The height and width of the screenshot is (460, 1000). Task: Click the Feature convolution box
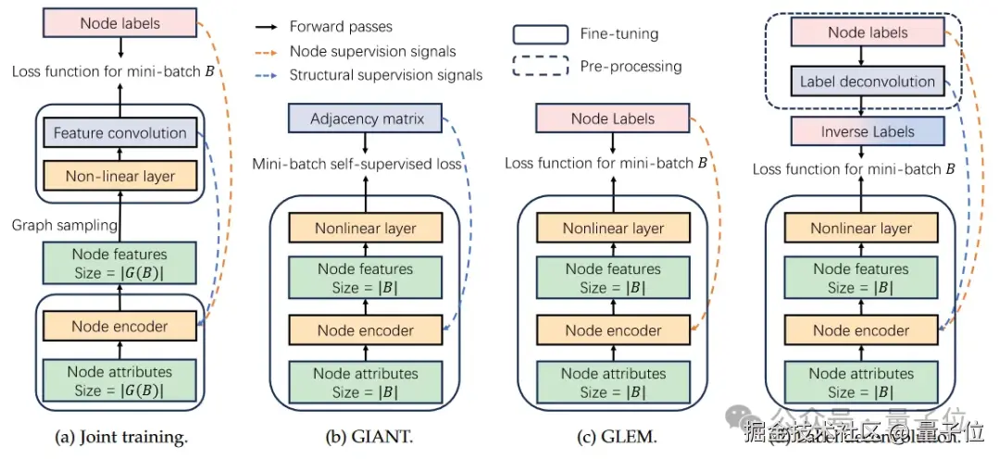119,133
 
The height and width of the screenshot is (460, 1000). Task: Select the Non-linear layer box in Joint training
119,175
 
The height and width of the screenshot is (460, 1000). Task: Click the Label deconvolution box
868,81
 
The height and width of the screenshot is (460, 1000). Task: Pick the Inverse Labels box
868,132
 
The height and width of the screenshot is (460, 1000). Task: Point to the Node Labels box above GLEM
613,118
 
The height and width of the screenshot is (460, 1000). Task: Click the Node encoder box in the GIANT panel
366,330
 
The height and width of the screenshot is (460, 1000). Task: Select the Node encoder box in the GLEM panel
613,330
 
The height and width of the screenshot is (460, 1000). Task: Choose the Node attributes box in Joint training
119,381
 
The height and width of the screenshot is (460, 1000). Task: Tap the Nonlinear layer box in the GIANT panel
366,229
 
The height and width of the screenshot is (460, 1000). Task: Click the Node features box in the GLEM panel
613,279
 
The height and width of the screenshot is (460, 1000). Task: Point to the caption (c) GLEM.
613,437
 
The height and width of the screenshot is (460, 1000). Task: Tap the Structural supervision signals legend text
386,75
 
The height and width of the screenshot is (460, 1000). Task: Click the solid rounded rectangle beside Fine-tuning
541,34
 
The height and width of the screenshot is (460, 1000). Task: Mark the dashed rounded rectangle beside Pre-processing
541,67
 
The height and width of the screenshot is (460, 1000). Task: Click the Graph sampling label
65,225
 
